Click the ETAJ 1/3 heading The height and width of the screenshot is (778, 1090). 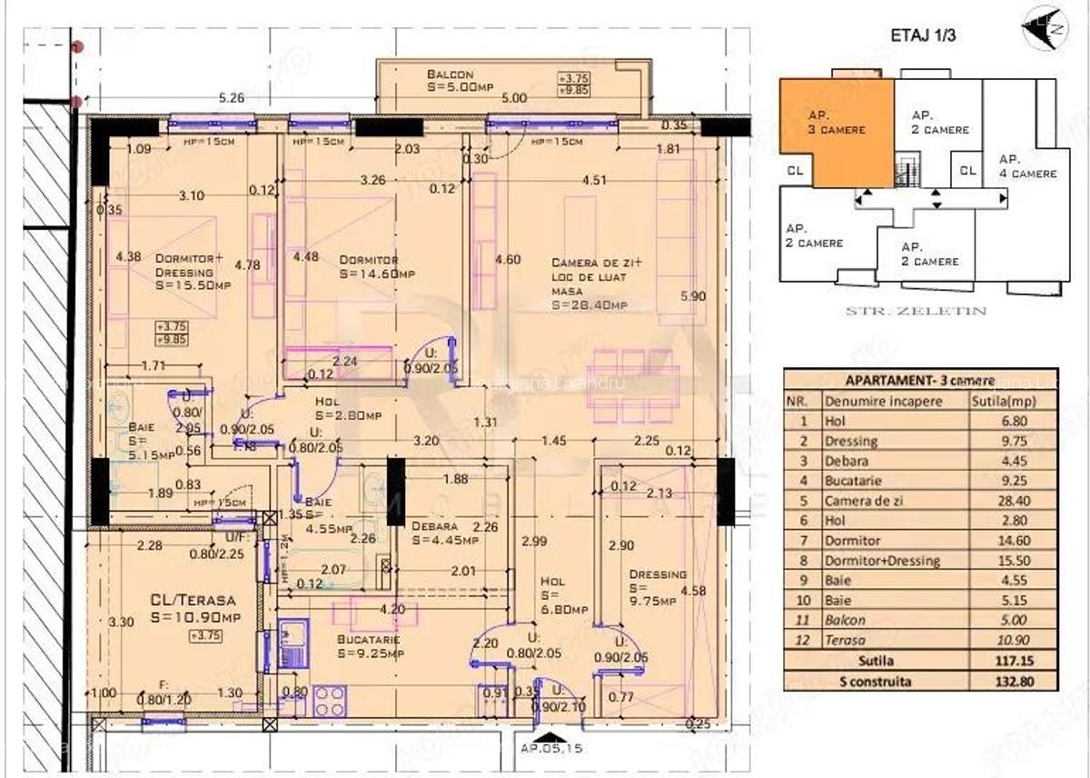click(x=923, y=37)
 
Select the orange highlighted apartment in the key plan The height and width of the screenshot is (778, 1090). click(x=834, y=132)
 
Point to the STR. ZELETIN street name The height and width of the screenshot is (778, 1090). click(x=916, y=311)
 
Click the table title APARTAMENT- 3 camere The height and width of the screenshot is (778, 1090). click(x=919, y=381)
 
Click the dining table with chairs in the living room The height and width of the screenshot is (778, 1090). click(x=634, y=385)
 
